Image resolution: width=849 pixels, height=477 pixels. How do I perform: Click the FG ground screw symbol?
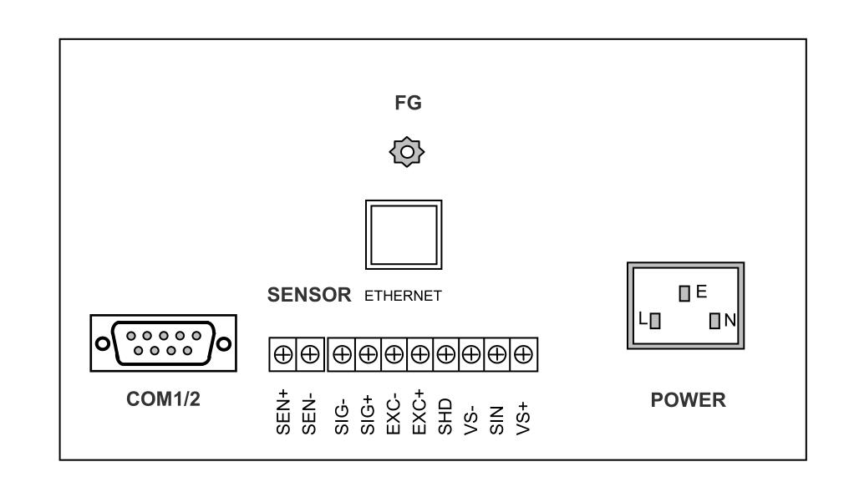click(x=408, y=153)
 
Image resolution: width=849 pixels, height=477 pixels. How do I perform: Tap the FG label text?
click(x=408, y=105)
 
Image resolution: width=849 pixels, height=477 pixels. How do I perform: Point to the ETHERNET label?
click(x=403, y=296)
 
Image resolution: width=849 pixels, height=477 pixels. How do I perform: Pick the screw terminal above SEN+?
click(x=283, y=354)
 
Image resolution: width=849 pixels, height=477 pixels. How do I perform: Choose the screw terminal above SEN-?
click(x=308, y=354)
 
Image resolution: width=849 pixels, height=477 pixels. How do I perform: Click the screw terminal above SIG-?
click(x=342, y=354)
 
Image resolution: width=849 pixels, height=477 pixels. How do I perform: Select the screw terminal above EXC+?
click(x=419, y=354)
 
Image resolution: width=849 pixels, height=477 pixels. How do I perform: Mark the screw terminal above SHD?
click(x=445, y=354)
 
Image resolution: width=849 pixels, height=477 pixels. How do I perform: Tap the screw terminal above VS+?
click(x=523, y=354)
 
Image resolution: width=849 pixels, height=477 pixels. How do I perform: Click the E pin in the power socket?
click(x=684, y=293)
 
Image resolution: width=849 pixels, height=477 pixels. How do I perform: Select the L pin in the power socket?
click(x=655, y=320)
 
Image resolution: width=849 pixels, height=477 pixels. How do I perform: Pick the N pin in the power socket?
click(x=715, y=320)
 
